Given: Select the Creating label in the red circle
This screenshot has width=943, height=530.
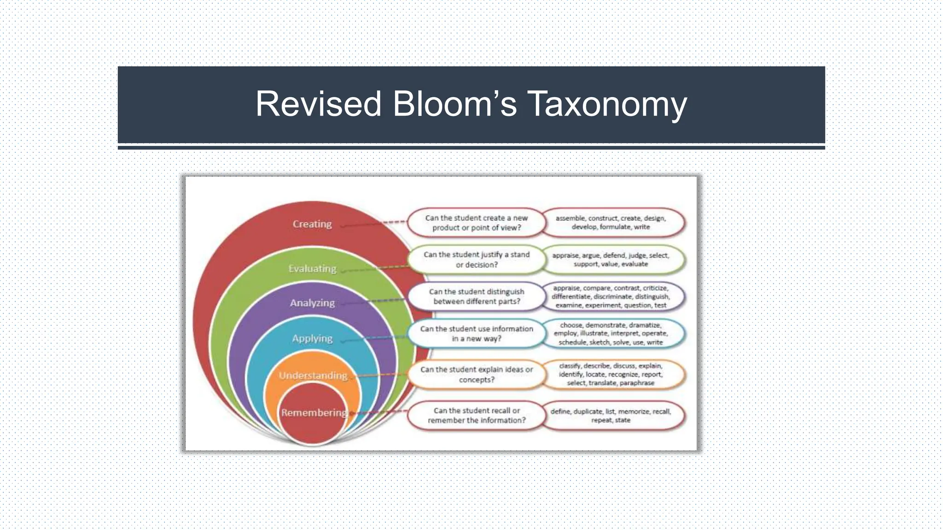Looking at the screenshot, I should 312,224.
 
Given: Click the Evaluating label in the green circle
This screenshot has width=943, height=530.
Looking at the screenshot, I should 312,268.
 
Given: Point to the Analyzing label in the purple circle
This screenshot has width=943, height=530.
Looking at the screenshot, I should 312,303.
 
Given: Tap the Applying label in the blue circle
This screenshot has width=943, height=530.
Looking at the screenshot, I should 312,338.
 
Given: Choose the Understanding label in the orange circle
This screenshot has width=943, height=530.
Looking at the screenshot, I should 313,375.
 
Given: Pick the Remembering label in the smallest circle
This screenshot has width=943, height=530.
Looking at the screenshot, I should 314,412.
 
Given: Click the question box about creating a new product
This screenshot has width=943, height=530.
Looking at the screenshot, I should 476,223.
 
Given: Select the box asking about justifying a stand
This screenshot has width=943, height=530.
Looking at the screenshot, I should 477,259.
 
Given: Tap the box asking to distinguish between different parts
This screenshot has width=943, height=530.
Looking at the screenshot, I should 477,296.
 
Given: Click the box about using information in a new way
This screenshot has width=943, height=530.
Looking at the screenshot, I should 477,334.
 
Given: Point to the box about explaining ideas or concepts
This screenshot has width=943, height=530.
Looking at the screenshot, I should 477,374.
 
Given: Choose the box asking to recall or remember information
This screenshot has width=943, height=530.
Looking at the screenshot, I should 477,415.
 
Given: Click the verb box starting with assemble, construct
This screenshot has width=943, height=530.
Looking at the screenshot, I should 611,223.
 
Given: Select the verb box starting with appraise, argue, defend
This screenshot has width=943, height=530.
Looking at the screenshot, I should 611,259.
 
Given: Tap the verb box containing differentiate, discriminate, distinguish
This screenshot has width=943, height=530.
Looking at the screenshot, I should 611,296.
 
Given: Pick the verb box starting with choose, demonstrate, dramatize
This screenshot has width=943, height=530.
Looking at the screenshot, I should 611,334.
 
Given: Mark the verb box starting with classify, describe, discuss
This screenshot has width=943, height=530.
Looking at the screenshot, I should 611,374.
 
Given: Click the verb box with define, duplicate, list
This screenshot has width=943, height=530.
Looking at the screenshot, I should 611,415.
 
